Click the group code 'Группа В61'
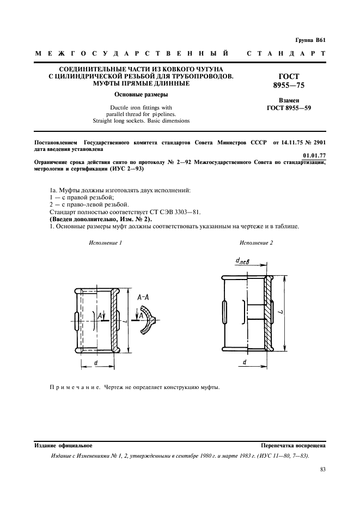point(309,40)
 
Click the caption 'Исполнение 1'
point(105,242)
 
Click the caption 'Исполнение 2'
point(256,242)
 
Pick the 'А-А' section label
point(144,297)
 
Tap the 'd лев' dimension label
point(242,262)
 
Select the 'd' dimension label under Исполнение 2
point(245,362)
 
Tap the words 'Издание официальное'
point(63,445)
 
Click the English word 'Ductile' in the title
point(120,107)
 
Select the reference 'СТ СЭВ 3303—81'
point(150,211)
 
